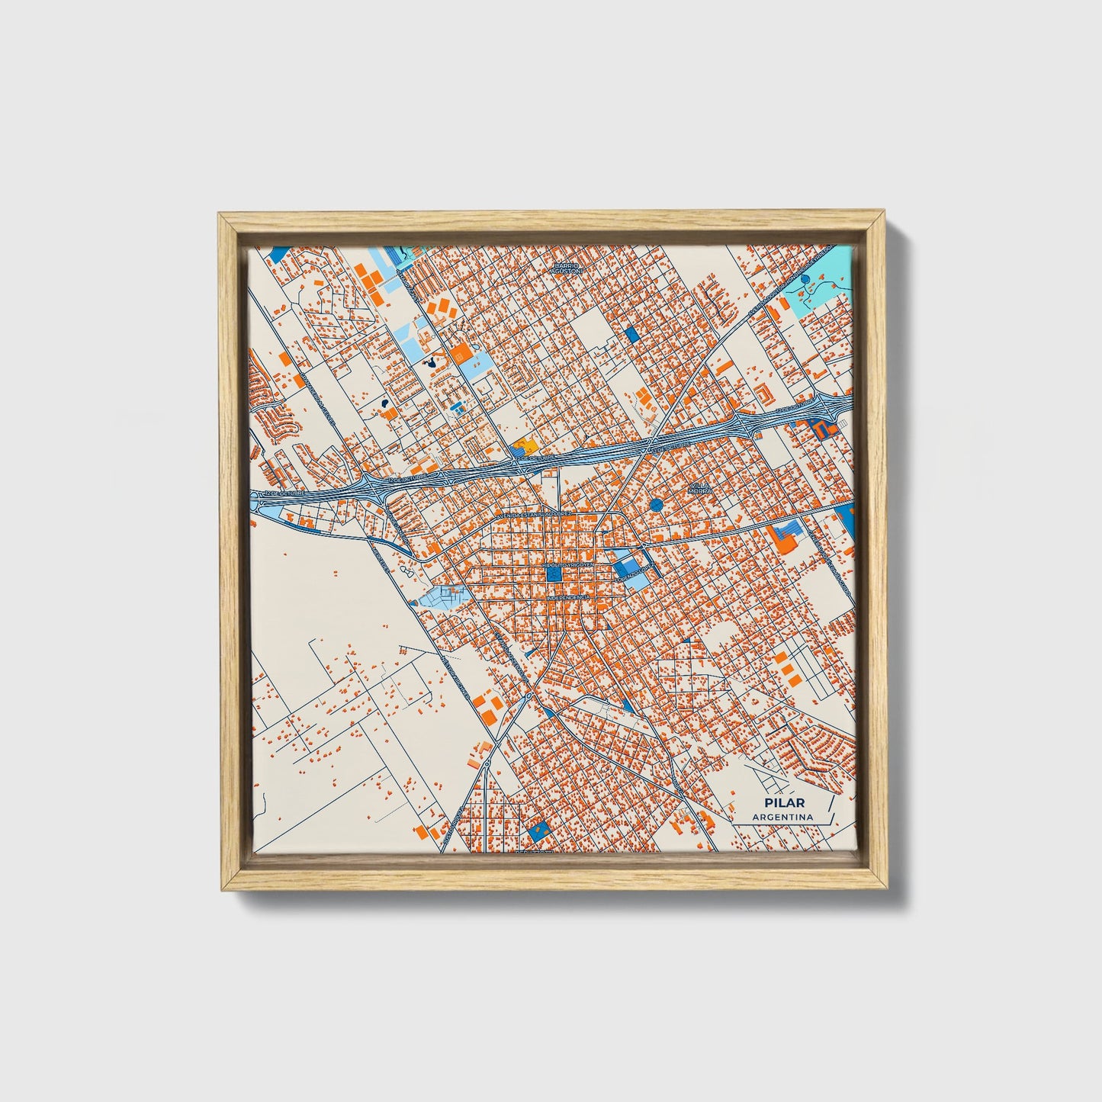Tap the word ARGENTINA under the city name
pos(782,817)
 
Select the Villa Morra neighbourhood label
pos(700,488)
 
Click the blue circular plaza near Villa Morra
pos(657,504)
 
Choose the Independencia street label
pos(567,599)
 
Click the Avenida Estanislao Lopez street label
pos(534,516)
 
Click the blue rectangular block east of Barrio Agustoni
pos(631,334)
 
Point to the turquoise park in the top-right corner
pos(820,286)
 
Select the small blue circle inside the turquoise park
pos(806,281)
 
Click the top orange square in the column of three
pos(780,657)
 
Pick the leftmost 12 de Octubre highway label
pos(284,494)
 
